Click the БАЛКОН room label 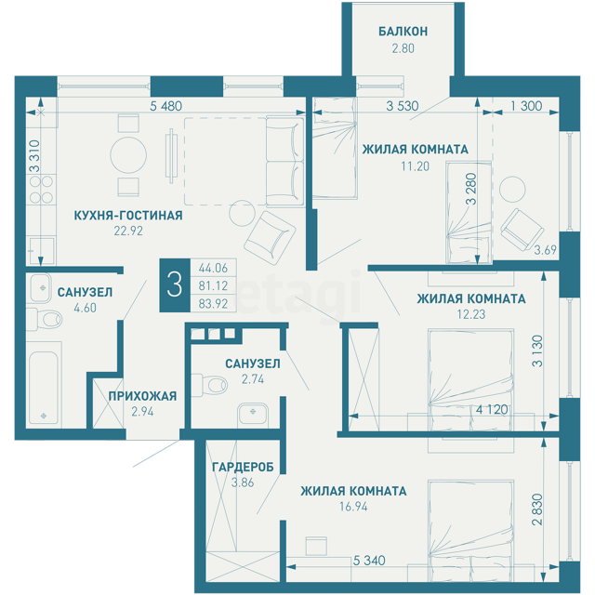[x=403, y=31]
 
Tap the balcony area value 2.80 [x=403, y=48]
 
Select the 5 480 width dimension [x=165, y=106]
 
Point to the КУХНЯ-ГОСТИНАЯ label [x=128, y=215]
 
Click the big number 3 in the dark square [x=175, y=285]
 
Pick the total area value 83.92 [x=213, y=304]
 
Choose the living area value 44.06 [x=213, y=269]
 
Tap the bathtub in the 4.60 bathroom [x=44, y=384]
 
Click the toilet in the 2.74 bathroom [x=208, y=385]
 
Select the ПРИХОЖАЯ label [x=142, y=396]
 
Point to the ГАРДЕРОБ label [x=243, y=467]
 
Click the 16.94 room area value [x=353, y=507]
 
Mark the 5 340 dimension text [x=369, y=560]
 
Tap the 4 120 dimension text [x=492, y=409]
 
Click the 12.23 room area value [x=471, y=314]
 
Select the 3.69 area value [x=546, y=250]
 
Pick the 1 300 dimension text [x=526, y=106]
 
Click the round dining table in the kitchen [x=128, y=155]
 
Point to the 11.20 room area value [x=416, y=166]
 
